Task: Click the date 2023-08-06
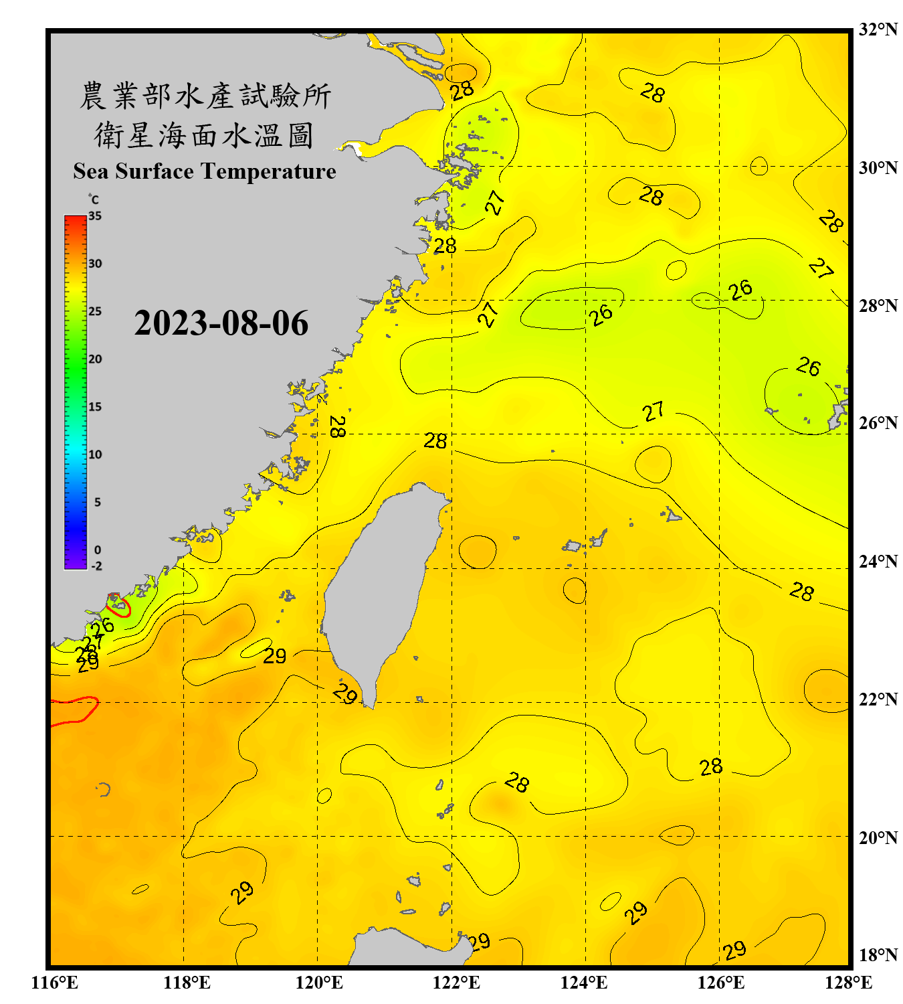[x=221, y=323]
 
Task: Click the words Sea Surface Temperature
[x=205, y=171]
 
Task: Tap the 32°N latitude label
[x=878, y=29]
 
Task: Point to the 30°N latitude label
[x=878, y=167]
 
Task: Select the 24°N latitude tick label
[x=878, y=561]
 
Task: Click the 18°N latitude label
[x=878, y=954]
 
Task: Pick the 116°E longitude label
[x=55, y=983]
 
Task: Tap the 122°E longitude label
[x=456, y=983]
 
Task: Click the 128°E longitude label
[x=848, y=983]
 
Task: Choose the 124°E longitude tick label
[x=584, y=983]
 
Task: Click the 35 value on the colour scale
[x=95, y=216]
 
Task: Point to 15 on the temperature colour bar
[x=95, y=407]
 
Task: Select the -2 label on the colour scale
[x=96, y=566]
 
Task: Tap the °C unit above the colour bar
[x=94, y=199]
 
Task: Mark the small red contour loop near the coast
[x=118, y=604]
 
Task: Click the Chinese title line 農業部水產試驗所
[x=205, y=96]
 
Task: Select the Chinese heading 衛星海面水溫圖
[x=204, y=135]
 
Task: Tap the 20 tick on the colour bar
[x=95, y=359]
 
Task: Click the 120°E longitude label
[x=319, y=983]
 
